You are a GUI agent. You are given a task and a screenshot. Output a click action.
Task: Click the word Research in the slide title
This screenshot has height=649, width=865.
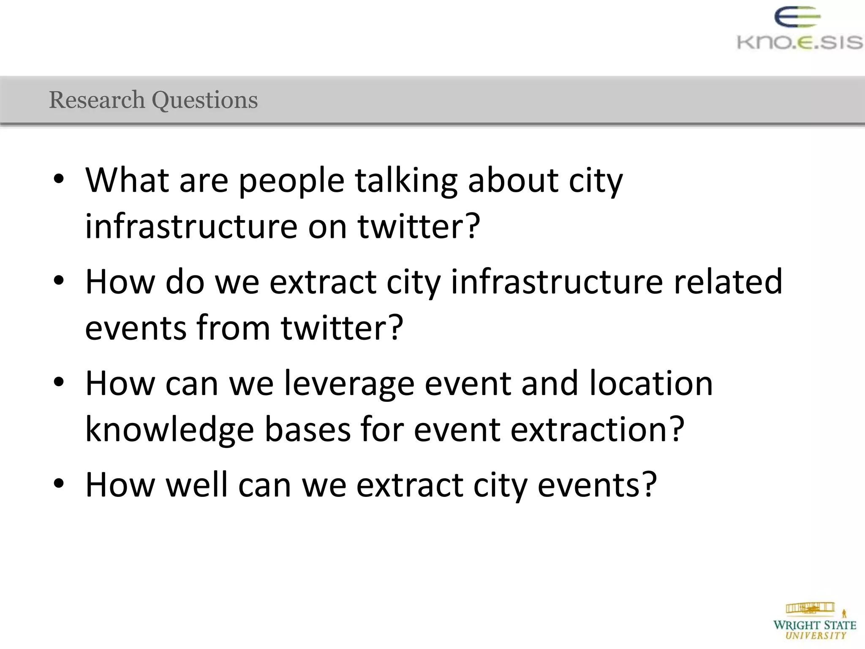[97, 100]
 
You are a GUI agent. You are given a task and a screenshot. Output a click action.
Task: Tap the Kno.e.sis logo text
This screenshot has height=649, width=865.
[800, 43]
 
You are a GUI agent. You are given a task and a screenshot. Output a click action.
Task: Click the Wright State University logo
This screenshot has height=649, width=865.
[815, 622]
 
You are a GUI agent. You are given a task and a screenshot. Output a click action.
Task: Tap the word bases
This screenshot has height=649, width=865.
[307, 429]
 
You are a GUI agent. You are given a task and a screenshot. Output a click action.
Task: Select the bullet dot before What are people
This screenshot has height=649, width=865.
[59, 179]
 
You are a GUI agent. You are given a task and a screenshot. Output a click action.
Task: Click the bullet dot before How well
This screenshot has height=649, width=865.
[59, 483]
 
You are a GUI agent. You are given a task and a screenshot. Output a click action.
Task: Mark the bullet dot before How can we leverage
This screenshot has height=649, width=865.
[59, 382]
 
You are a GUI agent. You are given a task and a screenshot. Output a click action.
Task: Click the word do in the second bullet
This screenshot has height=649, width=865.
[185, 281]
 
